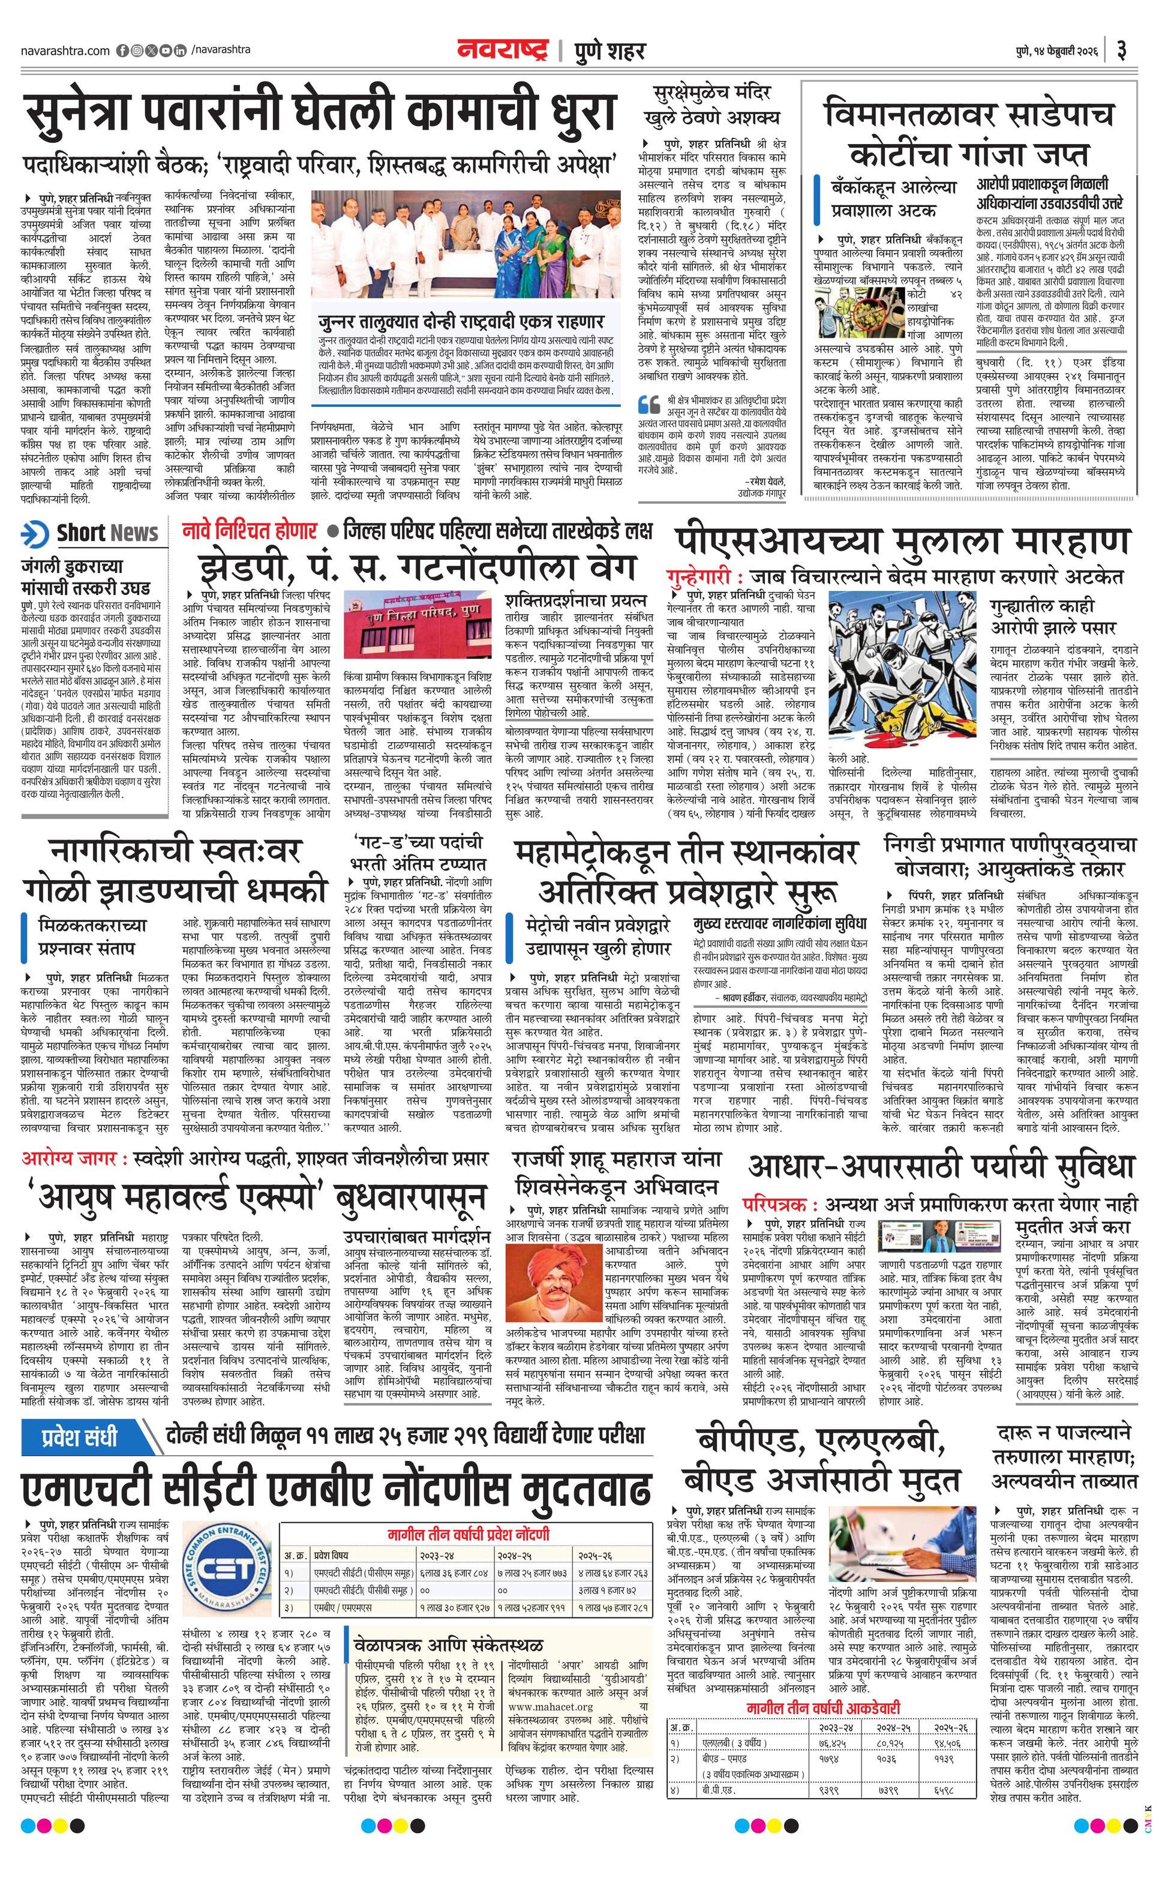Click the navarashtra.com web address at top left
[x=65, y=51]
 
